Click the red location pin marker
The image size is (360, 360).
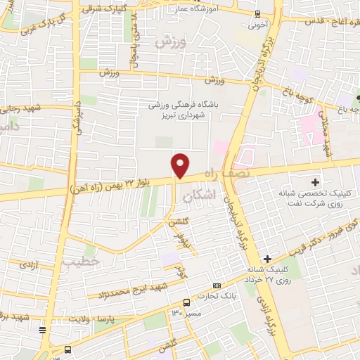pyautogui.click(x=181, y=165)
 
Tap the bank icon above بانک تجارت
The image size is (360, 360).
pyautogui.click(x=216, y=285)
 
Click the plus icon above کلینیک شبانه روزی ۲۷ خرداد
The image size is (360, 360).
pyautogui.click(x=266, y=259)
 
